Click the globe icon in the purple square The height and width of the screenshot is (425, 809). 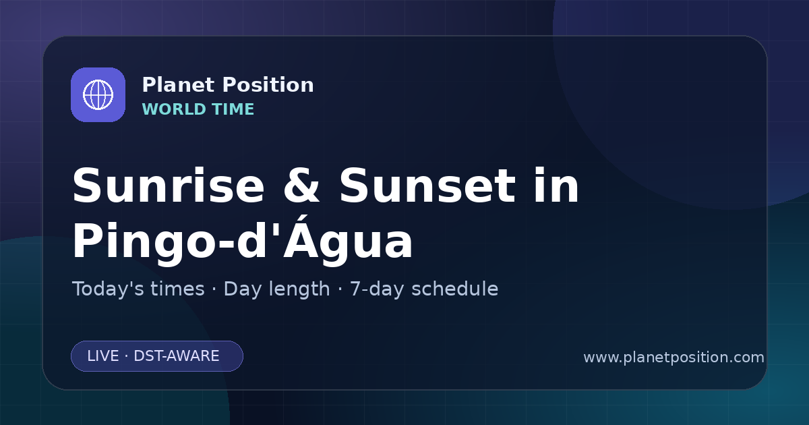(98, 94)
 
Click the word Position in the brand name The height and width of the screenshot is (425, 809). (268, 85)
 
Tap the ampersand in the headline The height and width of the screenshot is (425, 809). (301, 186)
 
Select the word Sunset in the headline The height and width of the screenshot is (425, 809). (427, 186)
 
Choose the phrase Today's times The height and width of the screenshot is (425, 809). (138, 289)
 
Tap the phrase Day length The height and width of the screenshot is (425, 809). (276, 289)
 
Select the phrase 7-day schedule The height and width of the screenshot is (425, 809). (424, 289)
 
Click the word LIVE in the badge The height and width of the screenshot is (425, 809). (103, 356)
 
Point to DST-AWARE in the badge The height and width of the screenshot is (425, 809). (176, 356)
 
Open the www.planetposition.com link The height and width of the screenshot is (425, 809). (673, 358)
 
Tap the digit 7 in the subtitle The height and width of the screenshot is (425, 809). (355, 289)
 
